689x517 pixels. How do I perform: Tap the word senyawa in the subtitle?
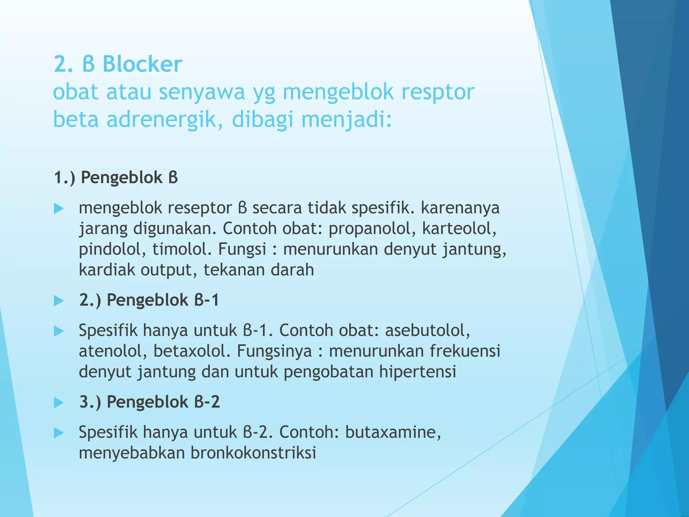click(202, 92)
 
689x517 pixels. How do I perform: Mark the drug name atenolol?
click(113, 351)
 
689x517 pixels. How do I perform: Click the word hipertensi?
click(418, 372)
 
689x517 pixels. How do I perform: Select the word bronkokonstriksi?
click(253, 453)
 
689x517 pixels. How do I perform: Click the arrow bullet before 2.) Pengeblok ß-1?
click(59, 301)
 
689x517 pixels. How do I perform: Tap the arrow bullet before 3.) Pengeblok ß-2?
click(59, 403)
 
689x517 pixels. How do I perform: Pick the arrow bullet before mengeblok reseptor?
click(59, 209)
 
